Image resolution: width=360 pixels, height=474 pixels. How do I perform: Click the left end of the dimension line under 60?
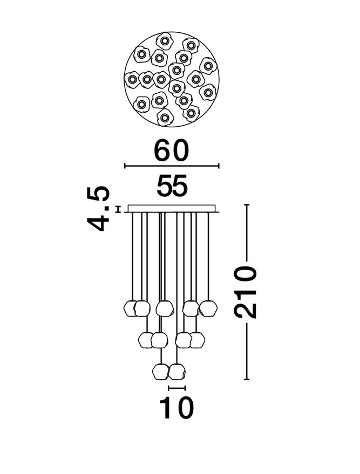(x=125, y=166)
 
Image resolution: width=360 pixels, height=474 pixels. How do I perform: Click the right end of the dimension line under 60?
(x=219, y=166)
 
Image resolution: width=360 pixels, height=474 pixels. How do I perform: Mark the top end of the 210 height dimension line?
(x=247, y=205)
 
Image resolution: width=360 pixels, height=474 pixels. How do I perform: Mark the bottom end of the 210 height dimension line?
(x=247, y=379)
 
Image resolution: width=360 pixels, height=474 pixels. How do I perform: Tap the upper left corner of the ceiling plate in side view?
(x=128, y=205)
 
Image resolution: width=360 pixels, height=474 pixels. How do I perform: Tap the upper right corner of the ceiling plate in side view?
(x=215, y=205)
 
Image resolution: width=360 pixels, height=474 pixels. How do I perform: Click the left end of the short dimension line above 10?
(x=169, y=388)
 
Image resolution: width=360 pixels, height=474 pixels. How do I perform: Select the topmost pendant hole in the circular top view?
(x=165, y=41)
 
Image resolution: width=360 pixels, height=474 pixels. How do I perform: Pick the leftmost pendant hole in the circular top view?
(x=132, y=79)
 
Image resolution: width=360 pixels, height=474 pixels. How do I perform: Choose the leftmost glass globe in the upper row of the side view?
(x=131, y=308)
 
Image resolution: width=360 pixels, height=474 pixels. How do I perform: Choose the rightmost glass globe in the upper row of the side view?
(x=208, y=308)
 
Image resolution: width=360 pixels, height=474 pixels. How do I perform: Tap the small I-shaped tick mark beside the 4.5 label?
(x=118, y=209)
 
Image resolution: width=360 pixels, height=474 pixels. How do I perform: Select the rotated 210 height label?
(x=246, y=292)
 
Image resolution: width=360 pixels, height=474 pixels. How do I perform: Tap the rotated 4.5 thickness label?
(x=98, y=209)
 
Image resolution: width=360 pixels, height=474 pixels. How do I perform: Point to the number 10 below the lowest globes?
(x=176, y=408)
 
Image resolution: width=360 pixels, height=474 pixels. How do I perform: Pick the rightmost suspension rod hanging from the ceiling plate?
(x=208, y=257)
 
